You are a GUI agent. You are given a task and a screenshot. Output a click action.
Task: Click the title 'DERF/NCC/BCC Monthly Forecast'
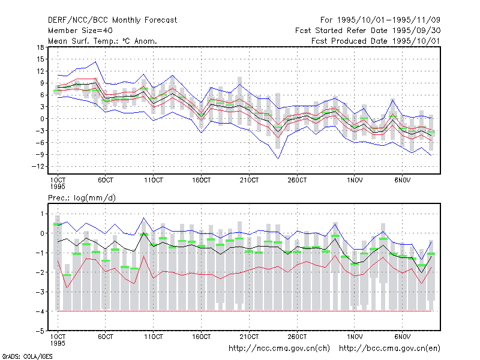point(112,20)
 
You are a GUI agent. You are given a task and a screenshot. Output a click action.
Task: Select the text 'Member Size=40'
point(80,31)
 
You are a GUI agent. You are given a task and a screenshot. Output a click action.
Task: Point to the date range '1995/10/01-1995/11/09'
point(388,20)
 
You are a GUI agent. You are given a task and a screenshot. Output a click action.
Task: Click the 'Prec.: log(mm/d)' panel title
point(82,198)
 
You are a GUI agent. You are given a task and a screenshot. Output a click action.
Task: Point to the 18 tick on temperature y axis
point(40,47)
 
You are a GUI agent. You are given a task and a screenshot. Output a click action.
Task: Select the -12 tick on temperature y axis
point(38,167)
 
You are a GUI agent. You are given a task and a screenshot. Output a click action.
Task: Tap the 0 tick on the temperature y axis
point(42,119)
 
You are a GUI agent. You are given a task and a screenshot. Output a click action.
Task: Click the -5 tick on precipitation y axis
point(40,331)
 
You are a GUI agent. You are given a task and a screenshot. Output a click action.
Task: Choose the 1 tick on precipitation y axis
point(42,214)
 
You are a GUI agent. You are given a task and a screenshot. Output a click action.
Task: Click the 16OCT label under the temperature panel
point(202,181)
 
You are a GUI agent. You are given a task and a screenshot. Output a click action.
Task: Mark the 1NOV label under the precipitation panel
point(355,337)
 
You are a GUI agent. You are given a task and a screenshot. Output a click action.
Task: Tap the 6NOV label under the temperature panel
point(402,181)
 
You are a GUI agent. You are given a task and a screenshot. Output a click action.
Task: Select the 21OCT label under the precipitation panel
point(249,337)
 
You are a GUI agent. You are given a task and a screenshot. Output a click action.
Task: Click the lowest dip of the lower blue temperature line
point(278,158)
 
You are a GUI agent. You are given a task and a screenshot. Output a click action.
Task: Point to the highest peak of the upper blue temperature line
point(96,62)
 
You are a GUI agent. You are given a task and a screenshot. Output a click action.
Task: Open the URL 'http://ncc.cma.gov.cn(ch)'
point(279,349)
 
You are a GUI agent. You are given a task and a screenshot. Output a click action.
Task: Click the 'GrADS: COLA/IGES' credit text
point(27,356)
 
